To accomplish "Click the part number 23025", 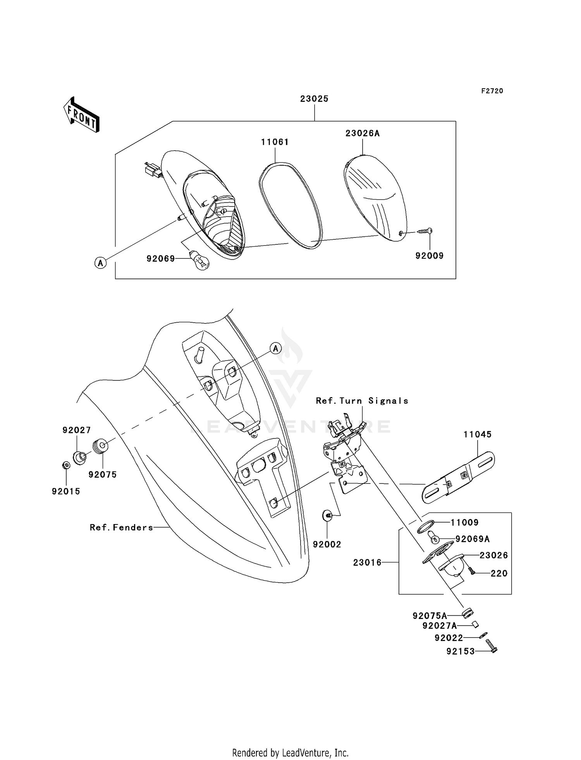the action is click(314, 99).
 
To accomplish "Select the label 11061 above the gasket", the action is click(275, 142).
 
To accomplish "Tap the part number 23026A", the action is click(363, 133).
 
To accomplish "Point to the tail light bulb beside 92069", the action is click(199, 260).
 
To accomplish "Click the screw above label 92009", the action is click(425, 231).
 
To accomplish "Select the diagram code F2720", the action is click(492, 91).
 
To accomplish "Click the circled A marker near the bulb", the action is click(100, 263).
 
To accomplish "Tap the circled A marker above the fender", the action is click(275, 349).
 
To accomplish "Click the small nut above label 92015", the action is click(66, 465).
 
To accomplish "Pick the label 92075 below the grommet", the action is click(102, 475).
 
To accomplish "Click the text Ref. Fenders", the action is click(122, 527).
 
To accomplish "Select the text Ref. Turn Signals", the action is click(362, 401).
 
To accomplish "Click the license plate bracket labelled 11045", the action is click(458, 478).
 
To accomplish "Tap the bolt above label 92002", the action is click(328, 516).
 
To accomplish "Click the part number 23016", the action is click(367, 562).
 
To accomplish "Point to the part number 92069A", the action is click(473, 539).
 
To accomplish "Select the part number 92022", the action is click(449, 638).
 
